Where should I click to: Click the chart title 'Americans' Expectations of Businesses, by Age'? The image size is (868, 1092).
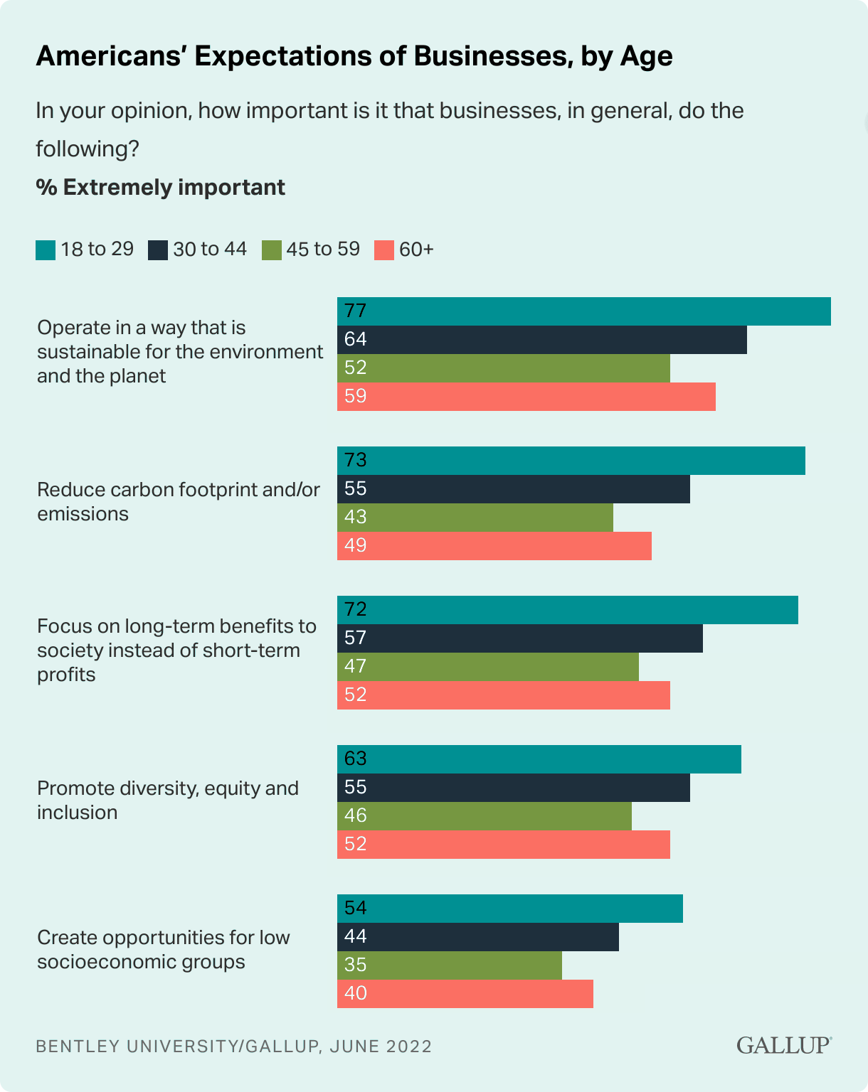point(354,56)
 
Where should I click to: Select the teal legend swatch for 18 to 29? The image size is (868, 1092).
point(46,250)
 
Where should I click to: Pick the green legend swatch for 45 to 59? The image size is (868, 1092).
point(272,250)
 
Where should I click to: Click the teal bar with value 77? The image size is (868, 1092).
point(583,311)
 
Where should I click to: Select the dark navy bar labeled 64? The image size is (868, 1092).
point(541,340)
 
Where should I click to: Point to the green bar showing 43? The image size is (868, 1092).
point(475,518)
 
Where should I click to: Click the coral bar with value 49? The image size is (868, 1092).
point(494,546)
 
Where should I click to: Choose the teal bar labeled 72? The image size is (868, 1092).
point(567,610)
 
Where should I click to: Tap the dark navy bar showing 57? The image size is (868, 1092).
point(519,638)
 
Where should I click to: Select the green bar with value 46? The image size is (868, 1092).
point(484,816)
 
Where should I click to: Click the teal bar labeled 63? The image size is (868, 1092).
point(539,759)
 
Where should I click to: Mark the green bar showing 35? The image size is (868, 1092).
point(449,965)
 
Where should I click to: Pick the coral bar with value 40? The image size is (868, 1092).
point(465,994)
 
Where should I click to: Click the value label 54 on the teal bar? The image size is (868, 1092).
point(355,908)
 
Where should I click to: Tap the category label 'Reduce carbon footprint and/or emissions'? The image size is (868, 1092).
point(179,502)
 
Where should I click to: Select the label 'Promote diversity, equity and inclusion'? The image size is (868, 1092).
point(168,801)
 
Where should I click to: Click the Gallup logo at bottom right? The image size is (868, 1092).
point(783,1045)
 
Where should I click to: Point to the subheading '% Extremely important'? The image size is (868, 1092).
point(160,188)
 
